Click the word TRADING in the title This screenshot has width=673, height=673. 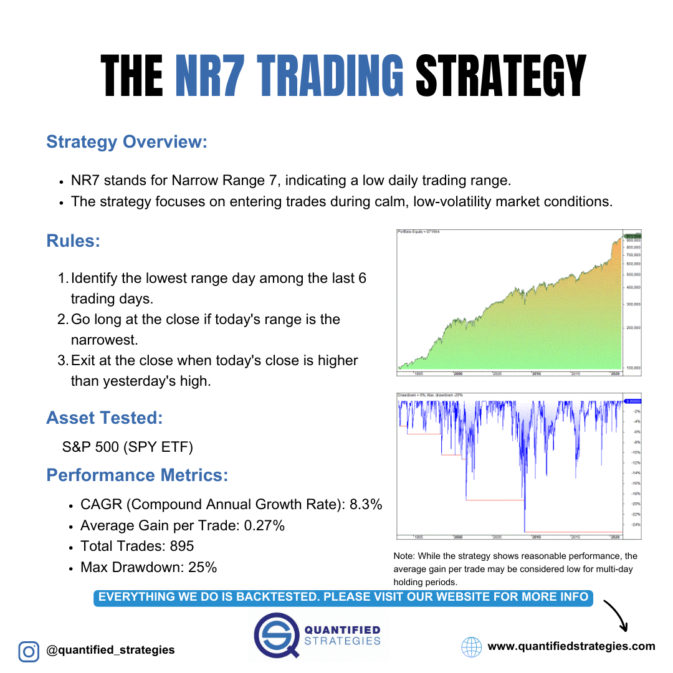pyautogui.click(x=289, y=76)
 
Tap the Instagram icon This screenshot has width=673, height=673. pyautogui.click(x=28, y=651)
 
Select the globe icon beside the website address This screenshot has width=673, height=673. pyautogui.click(x=472, y=647)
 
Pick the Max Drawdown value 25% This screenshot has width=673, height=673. pyautogui.click(x=203, y=568)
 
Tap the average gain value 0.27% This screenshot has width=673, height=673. pyautogui.click(x=264, y=526)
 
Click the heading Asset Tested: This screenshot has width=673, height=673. pyautogui.click(x=104, y=418)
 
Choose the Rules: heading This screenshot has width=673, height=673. pyautogui.click(x=73, y=241)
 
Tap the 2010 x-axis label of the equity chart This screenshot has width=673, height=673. pyautogui.click(x=535, y=373)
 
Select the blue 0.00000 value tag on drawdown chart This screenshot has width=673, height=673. pyautogui.click(x=632, y=401)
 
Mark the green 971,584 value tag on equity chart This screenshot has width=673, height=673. pyautogui.click(x=632, y=236)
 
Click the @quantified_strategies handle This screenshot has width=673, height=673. pyautogui.click(x=110, y=651)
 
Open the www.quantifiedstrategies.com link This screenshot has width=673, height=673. pyautogui.click(x=571, y=646)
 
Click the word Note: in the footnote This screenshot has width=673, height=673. pyautogui.click(x=404, y=556)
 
